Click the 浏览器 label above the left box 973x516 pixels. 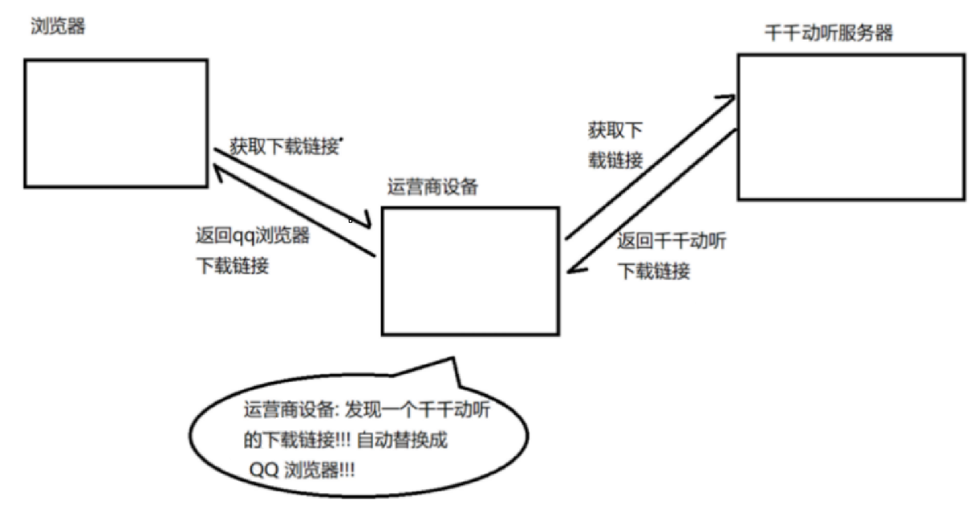tap(58, 27)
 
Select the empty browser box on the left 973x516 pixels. tap(116, 123)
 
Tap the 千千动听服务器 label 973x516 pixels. tap(828, 33)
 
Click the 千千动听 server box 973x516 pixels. tap(850, 127)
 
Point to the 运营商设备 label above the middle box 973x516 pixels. tap(432, 187)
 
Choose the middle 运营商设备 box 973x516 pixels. tap(470, 271)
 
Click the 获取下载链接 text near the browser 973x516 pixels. tap(284, 146)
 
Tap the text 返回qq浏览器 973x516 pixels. tap(252, 235)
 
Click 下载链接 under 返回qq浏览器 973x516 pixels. tap(232, 265)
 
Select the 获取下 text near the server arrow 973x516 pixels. tap(615, 130)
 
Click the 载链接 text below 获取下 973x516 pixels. tap(616, 160)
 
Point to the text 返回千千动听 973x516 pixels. tap(671, 241)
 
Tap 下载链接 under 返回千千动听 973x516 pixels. tap(654, 271)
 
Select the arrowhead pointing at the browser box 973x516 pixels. tap(215, 175)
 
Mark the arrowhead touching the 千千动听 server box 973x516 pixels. tap(728, 98)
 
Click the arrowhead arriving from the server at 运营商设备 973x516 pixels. tap(573, 269)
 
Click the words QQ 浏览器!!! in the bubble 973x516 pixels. tap(302, 469)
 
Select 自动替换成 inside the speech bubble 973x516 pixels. tap(402, 440)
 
